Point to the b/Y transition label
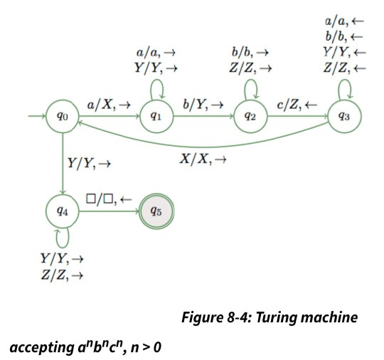pos(203,105)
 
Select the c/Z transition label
pos(297,105)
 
